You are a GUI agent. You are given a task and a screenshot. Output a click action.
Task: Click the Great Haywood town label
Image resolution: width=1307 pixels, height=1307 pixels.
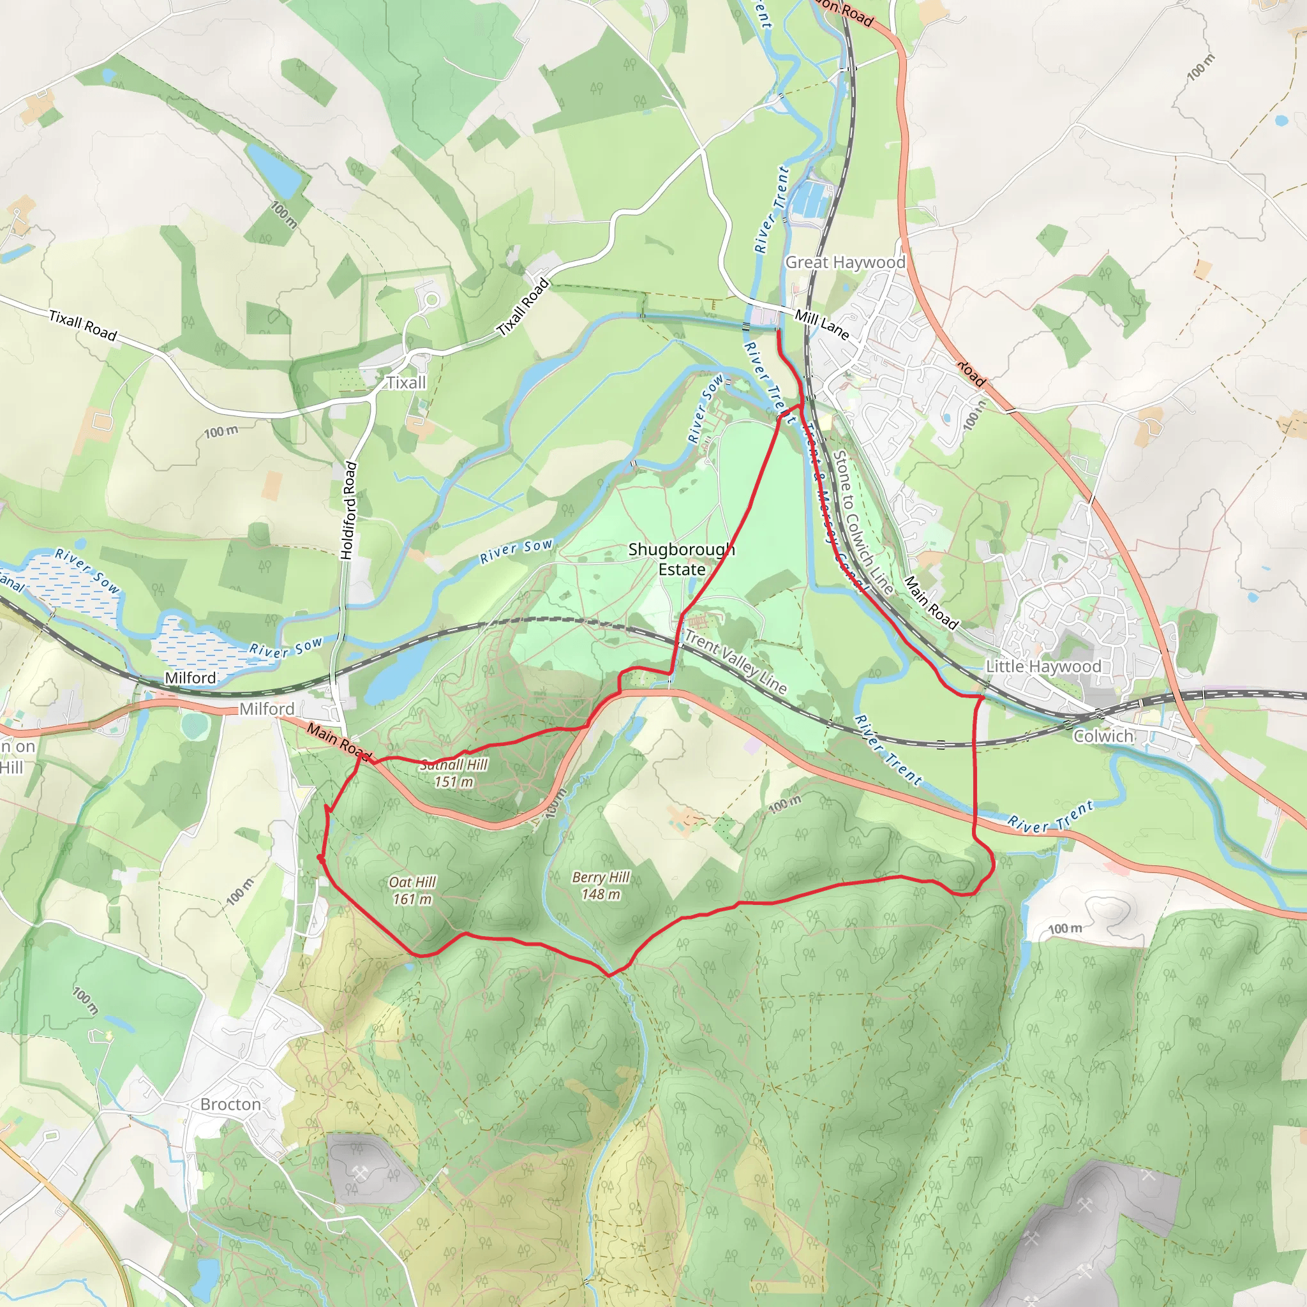click(844, 262)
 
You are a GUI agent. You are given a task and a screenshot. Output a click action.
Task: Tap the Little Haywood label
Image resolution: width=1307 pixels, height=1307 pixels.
click(1043, 666)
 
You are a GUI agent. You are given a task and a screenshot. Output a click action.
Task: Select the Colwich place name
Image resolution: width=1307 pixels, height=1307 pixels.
click(1103, 736)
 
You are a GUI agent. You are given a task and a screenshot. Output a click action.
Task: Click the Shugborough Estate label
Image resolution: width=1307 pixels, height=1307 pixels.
click(681, 559)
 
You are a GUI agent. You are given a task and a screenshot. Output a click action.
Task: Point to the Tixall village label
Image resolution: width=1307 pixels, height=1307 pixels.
click(406, 383)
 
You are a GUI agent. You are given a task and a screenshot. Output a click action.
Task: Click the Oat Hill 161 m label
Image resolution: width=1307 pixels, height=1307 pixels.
click(412, 890)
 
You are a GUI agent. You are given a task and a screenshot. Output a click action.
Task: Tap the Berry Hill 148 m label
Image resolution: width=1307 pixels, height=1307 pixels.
click(600, 886)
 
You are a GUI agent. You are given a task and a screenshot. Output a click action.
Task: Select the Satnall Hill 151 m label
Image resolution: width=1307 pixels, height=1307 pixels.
click(453, 773)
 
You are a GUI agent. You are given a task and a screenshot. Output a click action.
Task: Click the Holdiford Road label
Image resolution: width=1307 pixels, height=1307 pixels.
click(348, 510)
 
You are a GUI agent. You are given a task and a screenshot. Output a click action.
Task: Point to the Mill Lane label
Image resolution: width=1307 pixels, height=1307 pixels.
click(821, 324)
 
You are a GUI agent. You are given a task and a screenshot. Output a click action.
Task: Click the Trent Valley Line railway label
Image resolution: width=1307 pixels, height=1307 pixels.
click(735, 662)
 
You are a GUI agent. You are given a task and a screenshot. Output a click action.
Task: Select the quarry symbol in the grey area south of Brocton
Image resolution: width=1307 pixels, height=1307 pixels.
click(360, 1172)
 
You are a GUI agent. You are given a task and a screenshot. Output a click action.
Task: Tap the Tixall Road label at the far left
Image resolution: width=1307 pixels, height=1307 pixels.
click(83, 325)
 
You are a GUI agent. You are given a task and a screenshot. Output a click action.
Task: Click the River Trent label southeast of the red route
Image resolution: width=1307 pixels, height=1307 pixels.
click(1050, 816)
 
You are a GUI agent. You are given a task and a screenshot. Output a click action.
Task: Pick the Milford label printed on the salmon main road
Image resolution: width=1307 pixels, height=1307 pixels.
click(267, 709)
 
